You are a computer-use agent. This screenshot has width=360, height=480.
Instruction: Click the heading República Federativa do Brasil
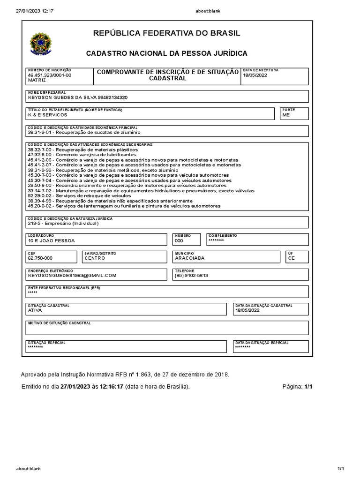pos(166,33)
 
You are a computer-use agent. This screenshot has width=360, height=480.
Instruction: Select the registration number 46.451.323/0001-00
pos(50,75)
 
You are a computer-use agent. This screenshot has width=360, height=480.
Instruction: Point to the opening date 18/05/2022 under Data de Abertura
pos(255,75)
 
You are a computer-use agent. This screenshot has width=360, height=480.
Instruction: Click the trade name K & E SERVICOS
pos(48,115)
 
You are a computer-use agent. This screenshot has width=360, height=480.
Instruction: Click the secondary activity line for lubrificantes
pos(82,154)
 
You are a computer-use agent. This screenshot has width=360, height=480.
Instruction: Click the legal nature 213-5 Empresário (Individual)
pos(63,224)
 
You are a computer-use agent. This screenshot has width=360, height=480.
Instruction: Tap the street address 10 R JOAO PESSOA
pos(51,240)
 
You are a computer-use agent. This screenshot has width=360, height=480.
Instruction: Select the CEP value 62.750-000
pos(40,258)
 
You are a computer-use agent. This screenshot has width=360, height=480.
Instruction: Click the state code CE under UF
pos(292,258)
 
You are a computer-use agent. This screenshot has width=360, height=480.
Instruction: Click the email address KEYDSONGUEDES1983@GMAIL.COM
pos(72,276)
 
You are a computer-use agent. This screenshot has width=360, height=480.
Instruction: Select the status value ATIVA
pos(35,310)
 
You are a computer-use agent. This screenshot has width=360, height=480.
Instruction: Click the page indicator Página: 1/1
pos(297,387)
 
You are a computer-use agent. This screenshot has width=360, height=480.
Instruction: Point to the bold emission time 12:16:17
pos(112,387)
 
